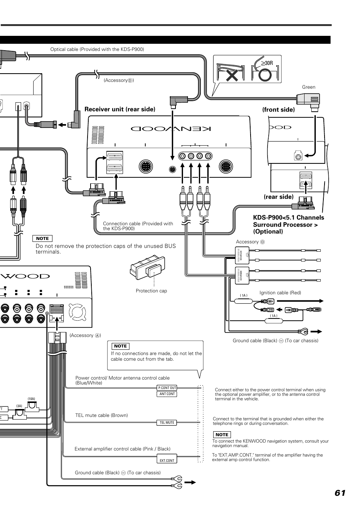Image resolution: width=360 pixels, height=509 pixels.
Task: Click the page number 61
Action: [340, 493]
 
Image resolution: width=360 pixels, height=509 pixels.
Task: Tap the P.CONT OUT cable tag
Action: [167, 388]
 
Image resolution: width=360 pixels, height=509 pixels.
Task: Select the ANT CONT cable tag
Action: [167, 394]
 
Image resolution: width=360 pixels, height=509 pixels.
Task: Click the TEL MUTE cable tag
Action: [167, 423]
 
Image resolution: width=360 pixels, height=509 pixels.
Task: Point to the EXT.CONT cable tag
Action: [167, 460]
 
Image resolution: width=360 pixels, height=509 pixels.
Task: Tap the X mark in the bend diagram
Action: [232, 75]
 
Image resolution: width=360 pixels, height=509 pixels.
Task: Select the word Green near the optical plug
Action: [308, 87]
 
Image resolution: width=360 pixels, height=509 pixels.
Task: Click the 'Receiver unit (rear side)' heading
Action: [120, 109]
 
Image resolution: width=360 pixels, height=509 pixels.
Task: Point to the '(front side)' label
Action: [278, 109]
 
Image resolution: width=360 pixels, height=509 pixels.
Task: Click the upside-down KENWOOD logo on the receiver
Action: [171, 129]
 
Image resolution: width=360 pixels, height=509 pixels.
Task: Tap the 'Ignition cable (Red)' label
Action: [280, 293]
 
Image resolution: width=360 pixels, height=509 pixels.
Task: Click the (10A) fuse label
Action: [31, 399]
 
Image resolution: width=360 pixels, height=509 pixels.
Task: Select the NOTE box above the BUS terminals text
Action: [42, 238]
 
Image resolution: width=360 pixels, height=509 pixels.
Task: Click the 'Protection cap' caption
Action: [151, 291]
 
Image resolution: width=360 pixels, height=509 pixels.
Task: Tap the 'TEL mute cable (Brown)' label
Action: [102, 415]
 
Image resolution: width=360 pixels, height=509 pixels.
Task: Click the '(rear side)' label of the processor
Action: [278, 197]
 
